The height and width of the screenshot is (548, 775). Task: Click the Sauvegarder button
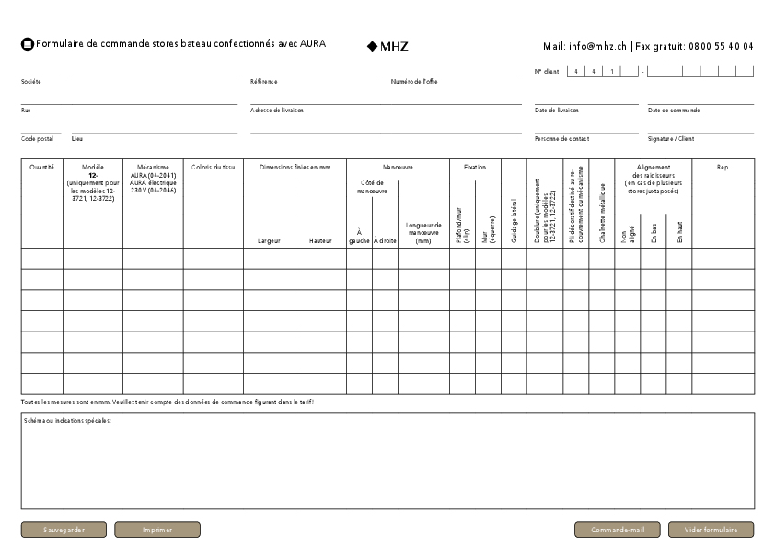[x=64, y=530]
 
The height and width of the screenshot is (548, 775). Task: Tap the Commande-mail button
[x=618, y=530]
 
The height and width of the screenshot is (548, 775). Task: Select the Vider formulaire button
[x=711, y=530]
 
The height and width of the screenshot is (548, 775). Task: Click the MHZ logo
[x=387, y=45]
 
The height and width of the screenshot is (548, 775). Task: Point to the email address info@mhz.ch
[x=585, y=46]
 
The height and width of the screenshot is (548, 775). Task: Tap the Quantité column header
[x=41, y=168]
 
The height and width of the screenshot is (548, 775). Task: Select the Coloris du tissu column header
[x=213, y=168]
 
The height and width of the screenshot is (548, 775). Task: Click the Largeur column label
[x=269, y=241]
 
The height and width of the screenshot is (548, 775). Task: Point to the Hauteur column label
[x=320, y=241]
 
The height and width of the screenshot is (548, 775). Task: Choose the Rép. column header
[x=723, y=168]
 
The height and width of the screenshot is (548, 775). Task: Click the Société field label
[x=30, y=82]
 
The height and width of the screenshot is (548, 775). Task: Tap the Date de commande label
[x=674, y=111]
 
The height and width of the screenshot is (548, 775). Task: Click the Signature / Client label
[x=671, y=139]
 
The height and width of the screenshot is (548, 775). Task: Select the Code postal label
[x=37, y=139]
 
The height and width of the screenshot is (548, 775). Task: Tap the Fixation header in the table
[x=475, y=168]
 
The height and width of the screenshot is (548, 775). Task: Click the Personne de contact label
[x=561, y=139]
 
